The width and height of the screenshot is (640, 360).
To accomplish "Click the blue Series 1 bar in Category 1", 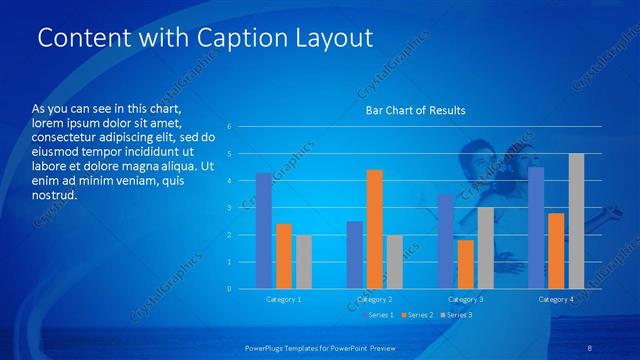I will [x=264, y=231].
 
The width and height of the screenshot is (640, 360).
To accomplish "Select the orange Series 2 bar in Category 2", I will [x=375, y=229].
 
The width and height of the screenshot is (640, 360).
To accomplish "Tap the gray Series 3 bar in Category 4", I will [x=576, y=221].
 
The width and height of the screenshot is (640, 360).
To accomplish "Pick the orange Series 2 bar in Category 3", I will [x=465, y=264].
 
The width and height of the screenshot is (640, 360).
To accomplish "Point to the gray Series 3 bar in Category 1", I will [x=304, y=262].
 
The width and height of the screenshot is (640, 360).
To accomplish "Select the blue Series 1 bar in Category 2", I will [x=355, y=255].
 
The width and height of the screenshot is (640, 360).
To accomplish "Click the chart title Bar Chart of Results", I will [x=415, y=110].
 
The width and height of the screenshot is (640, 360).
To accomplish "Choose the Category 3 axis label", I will [x=465, y=299].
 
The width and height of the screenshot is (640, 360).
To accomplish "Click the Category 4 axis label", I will [x=556, y=299].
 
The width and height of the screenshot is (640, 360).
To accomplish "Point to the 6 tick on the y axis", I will [x=230, y=127].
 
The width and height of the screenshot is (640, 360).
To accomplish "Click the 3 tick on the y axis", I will [x=230, y=208].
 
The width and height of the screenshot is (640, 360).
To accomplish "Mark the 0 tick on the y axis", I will [x=230, y=289].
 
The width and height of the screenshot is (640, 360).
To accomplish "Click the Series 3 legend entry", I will [x=457, y=315].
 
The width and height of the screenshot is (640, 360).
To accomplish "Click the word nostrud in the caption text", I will [x=55, y=196].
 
